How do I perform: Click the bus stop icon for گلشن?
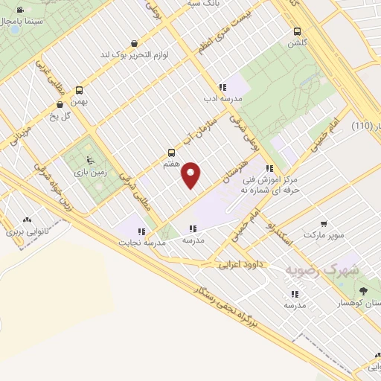(298, 32)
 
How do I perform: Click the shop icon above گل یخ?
(60, 105)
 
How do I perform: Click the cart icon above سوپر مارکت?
(324, 223)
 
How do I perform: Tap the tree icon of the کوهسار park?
(363, 290)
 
